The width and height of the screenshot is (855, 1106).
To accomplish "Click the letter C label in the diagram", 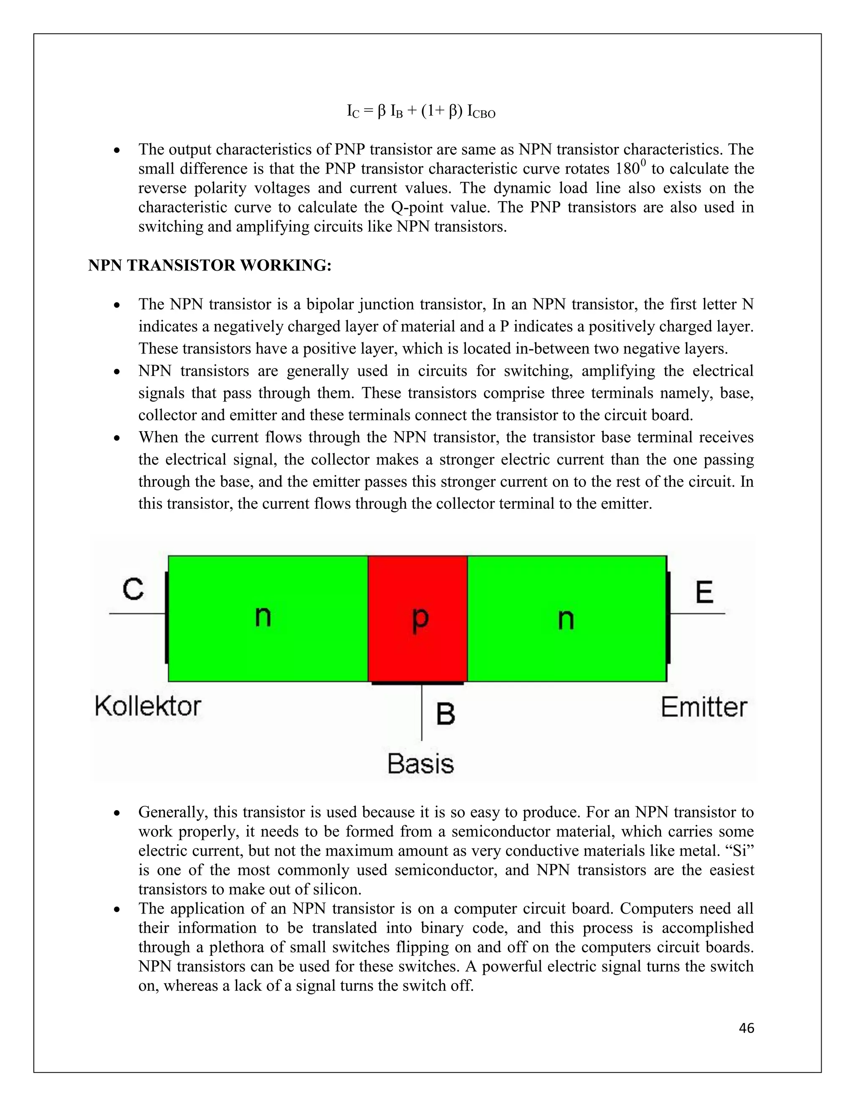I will click(x=133, y=589).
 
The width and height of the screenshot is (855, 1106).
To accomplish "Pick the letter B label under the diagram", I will click(x=445, y=714).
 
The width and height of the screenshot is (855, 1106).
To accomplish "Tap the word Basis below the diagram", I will click(x=420, y=763).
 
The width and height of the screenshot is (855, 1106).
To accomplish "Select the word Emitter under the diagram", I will click(x=703, y=707).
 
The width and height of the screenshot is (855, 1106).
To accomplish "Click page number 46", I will click(x=746, y=1028).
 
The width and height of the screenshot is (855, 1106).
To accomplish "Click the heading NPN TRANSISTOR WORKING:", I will click(x=210, y=265).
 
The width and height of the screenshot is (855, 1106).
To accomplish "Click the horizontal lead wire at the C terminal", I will click(x=137, y=614).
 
